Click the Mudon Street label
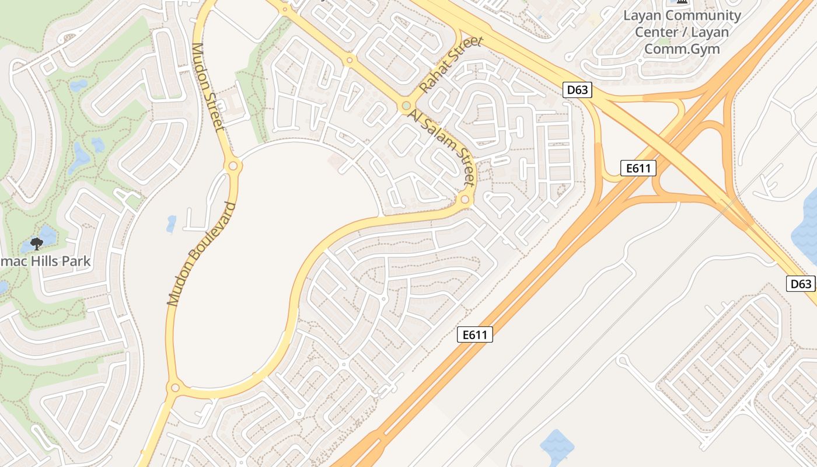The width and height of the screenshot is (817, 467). point(208,86)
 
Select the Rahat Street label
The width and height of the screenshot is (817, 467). point(452,64)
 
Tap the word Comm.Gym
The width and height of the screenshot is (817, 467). point(682,49)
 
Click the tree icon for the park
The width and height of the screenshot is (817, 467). point(37,243)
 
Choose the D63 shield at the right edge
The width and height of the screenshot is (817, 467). point(801,284)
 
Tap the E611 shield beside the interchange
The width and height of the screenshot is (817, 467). point(638,169)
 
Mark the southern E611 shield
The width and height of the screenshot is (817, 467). point(474,334)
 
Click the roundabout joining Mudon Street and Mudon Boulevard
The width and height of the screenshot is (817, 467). point(233,166)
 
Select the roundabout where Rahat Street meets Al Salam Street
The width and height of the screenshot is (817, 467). point(406,106)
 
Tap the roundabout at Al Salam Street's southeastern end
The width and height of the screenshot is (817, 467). point(465,200)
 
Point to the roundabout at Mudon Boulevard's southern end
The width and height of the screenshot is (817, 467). point(174,388)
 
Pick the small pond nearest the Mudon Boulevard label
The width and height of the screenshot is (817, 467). point(171,223)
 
